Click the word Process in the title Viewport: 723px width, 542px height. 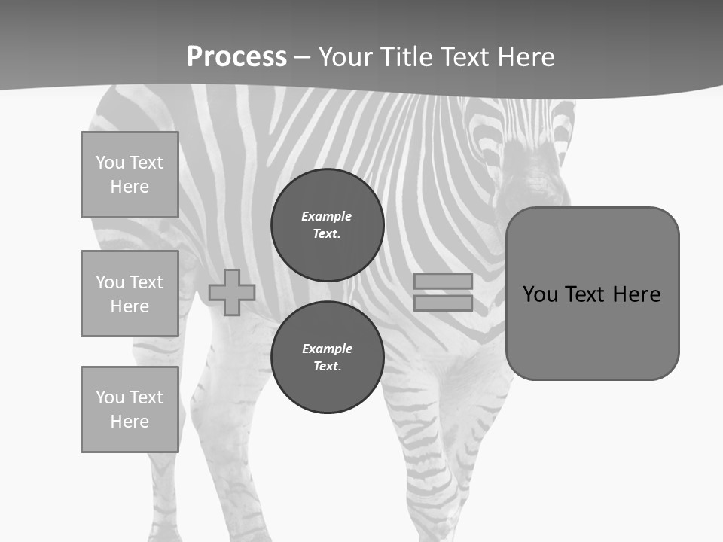pos(236,57)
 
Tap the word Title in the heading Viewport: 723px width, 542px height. pos(405,57)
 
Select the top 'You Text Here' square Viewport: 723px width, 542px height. pos(130,175)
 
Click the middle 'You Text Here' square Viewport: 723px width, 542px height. pos(130,294)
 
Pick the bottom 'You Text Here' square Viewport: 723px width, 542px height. pos(130,410)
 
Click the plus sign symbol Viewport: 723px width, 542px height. pos(232,293)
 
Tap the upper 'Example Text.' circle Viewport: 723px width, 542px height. pos(328,225)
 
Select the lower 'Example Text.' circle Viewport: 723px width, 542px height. pos(328,358)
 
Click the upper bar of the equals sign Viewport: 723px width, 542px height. pos(444,282)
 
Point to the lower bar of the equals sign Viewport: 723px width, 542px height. pos(444,303)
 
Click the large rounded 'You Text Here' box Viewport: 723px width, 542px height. pos(592,294)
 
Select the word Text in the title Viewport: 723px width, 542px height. pos(468,57)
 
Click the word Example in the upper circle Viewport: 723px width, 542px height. pos(327,216)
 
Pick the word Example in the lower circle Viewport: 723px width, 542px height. pos(328,349)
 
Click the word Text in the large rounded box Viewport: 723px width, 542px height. pos(584,294)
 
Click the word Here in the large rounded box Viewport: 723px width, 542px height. pos(636,294)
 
